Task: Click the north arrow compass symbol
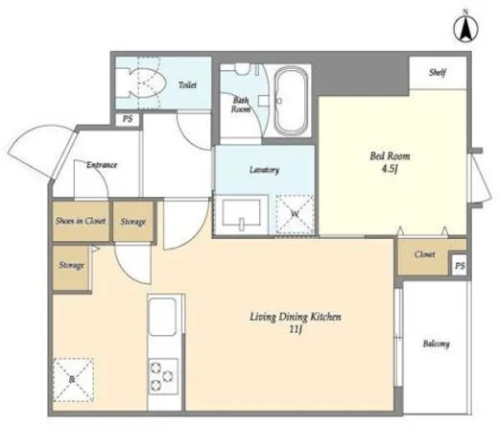(465, 28)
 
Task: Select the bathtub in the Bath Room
(291, 101)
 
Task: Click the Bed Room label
(390, 156)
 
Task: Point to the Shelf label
(438, 73)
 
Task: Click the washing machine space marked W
(295, 214)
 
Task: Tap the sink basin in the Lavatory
(241, 213)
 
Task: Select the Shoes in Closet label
(81, 221)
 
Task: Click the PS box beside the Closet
(460, 266)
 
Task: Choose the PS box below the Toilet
(128, 119)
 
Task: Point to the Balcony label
(436, 344)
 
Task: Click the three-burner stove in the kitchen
(163, 376)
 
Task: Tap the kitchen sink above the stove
(163, 317)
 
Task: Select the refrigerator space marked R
(73, 380)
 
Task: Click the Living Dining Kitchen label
(296, 317)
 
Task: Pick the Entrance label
(102, 165)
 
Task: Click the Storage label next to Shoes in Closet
(133, 222)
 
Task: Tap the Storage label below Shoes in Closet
(72, 265)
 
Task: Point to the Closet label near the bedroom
(424, 254)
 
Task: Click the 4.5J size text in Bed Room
(390, 169)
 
